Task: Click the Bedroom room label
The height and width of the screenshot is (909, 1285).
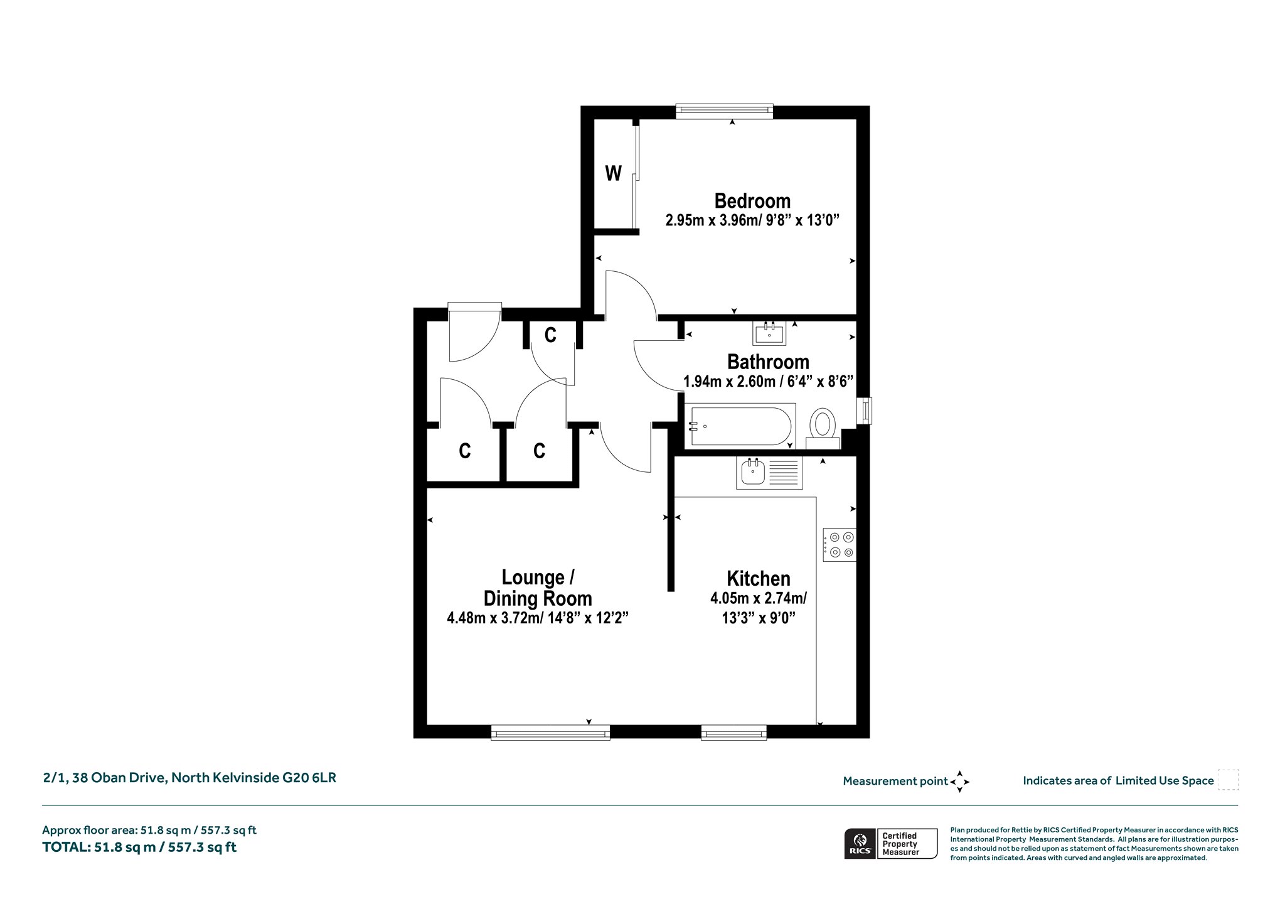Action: (752, 201)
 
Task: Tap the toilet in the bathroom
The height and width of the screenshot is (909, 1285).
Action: (823, 428)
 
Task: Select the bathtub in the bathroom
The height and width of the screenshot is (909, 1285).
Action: (740, 426)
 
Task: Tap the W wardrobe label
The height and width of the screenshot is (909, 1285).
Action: (613, 173)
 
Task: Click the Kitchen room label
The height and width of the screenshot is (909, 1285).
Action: (758, 578)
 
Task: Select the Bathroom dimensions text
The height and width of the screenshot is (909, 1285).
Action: (768, 381)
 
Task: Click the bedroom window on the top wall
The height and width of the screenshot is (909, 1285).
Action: (724, 112)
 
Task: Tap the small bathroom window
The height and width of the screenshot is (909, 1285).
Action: (865, 411)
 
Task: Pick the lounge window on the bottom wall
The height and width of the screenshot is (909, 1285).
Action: (550, 733)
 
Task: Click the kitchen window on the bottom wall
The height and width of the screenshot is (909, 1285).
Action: (733, 733)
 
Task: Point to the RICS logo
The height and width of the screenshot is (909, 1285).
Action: (860, 843)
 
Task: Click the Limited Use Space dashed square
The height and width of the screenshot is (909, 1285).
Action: (1228, 780)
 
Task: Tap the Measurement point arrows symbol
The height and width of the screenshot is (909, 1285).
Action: (959, 782)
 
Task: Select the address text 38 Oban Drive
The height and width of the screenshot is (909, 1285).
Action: (120, 778)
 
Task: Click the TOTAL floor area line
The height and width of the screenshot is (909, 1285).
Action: (139, 847)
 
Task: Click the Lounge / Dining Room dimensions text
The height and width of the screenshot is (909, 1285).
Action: (538, 618)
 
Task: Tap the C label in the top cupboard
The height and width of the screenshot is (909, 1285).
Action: (550, 335)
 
